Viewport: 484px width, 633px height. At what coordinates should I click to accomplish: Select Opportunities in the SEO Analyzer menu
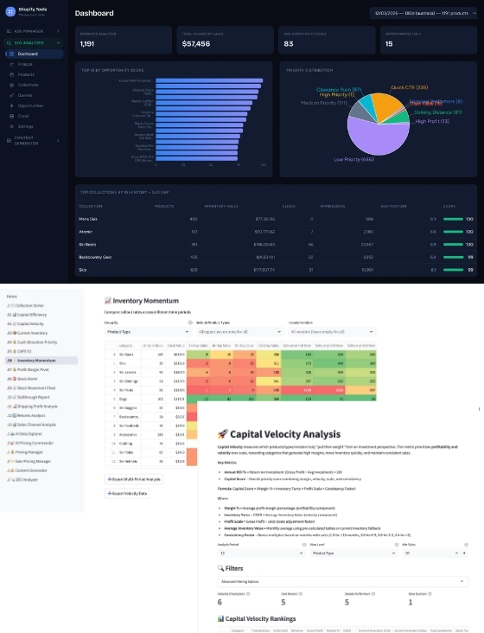pos(30,105)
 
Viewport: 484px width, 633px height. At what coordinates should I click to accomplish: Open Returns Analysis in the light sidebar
pos(26,415)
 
